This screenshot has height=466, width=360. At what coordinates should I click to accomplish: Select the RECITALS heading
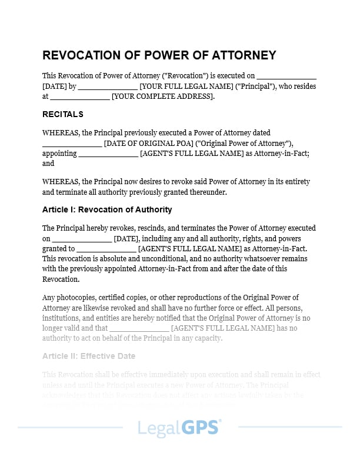click(x=63, y=114)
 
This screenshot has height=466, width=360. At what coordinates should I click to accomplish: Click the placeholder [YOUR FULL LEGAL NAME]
click(x=186, y=86)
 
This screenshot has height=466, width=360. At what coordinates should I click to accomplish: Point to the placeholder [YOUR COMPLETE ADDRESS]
click(x=162, y=96)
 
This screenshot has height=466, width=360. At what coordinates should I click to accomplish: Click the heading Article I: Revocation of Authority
click(x=107, y=209)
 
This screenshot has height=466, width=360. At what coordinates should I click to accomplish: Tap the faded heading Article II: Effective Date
click(x=89, y=356)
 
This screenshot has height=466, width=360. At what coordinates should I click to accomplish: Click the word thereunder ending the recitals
click(x=206, y=192)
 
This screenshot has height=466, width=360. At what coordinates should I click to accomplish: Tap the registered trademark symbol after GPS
click(x=221, y=421)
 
